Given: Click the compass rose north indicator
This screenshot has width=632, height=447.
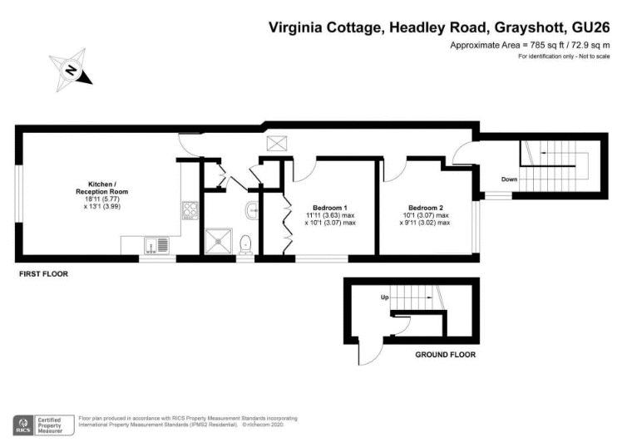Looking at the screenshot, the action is click(71, 70).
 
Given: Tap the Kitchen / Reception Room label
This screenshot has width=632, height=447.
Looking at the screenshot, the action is click(102, 188).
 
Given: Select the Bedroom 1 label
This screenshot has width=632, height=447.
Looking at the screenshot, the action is click(330, 208).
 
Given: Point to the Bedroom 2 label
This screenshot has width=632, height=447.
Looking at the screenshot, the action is click(426, 208).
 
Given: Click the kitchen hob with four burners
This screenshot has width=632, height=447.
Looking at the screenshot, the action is click(190, 210).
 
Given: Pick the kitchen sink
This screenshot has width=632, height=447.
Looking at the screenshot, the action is click(156, 246).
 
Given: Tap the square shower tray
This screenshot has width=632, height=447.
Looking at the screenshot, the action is click(219, 241).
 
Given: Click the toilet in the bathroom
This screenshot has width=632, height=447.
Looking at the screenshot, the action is click(245, 245).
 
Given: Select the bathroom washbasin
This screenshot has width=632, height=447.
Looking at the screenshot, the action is click(251, 210).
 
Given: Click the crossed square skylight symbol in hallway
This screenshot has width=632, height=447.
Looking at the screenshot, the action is click(277, 144).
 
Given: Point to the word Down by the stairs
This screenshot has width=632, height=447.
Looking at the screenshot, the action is click(509, 179).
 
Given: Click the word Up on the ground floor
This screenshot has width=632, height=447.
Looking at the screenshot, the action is click(384, 297).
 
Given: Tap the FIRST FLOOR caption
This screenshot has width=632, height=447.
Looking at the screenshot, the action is click(43, 274).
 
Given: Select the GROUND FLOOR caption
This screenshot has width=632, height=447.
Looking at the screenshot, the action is click(446, 355).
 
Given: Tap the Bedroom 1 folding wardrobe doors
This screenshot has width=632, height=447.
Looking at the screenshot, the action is click(288, 224).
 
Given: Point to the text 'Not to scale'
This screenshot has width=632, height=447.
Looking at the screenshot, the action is click(595, 56).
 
